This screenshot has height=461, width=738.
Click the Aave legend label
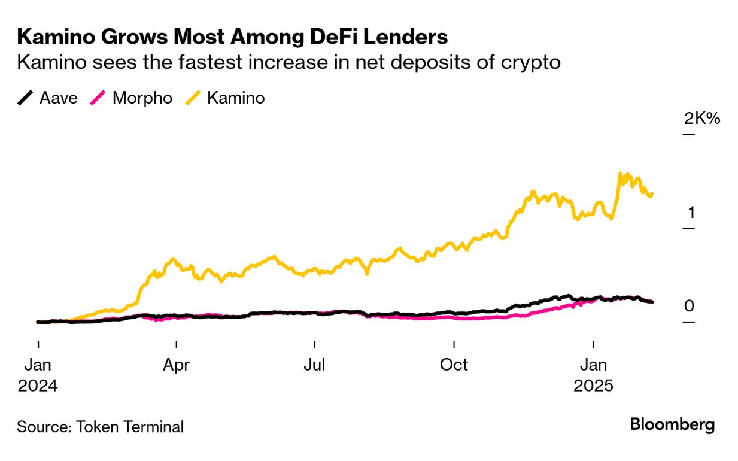tap(59, 98)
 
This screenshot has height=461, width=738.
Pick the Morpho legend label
tap(142, 98)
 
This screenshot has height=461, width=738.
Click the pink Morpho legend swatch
tap(99, 98)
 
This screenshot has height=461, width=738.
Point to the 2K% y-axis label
tap(702, 119)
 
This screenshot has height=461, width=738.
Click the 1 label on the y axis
tap(691, 213)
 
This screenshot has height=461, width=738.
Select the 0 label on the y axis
tap(689, 306)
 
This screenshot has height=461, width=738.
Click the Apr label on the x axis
tap(177, 365)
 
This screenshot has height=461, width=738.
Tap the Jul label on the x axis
tap(314, 365)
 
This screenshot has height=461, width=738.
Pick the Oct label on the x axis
tap(454, 365)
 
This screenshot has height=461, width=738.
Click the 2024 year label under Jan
tap(38, 386)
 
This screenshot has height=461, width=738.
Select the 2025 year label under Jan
tap(594, 386)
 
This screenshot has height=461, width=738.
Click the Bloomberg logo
tap(672, 425)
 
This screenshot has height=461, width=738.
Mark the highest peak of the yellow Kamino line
tap(620, 174)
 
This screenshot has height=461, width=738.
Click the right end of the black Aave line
tap(652, 302)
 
